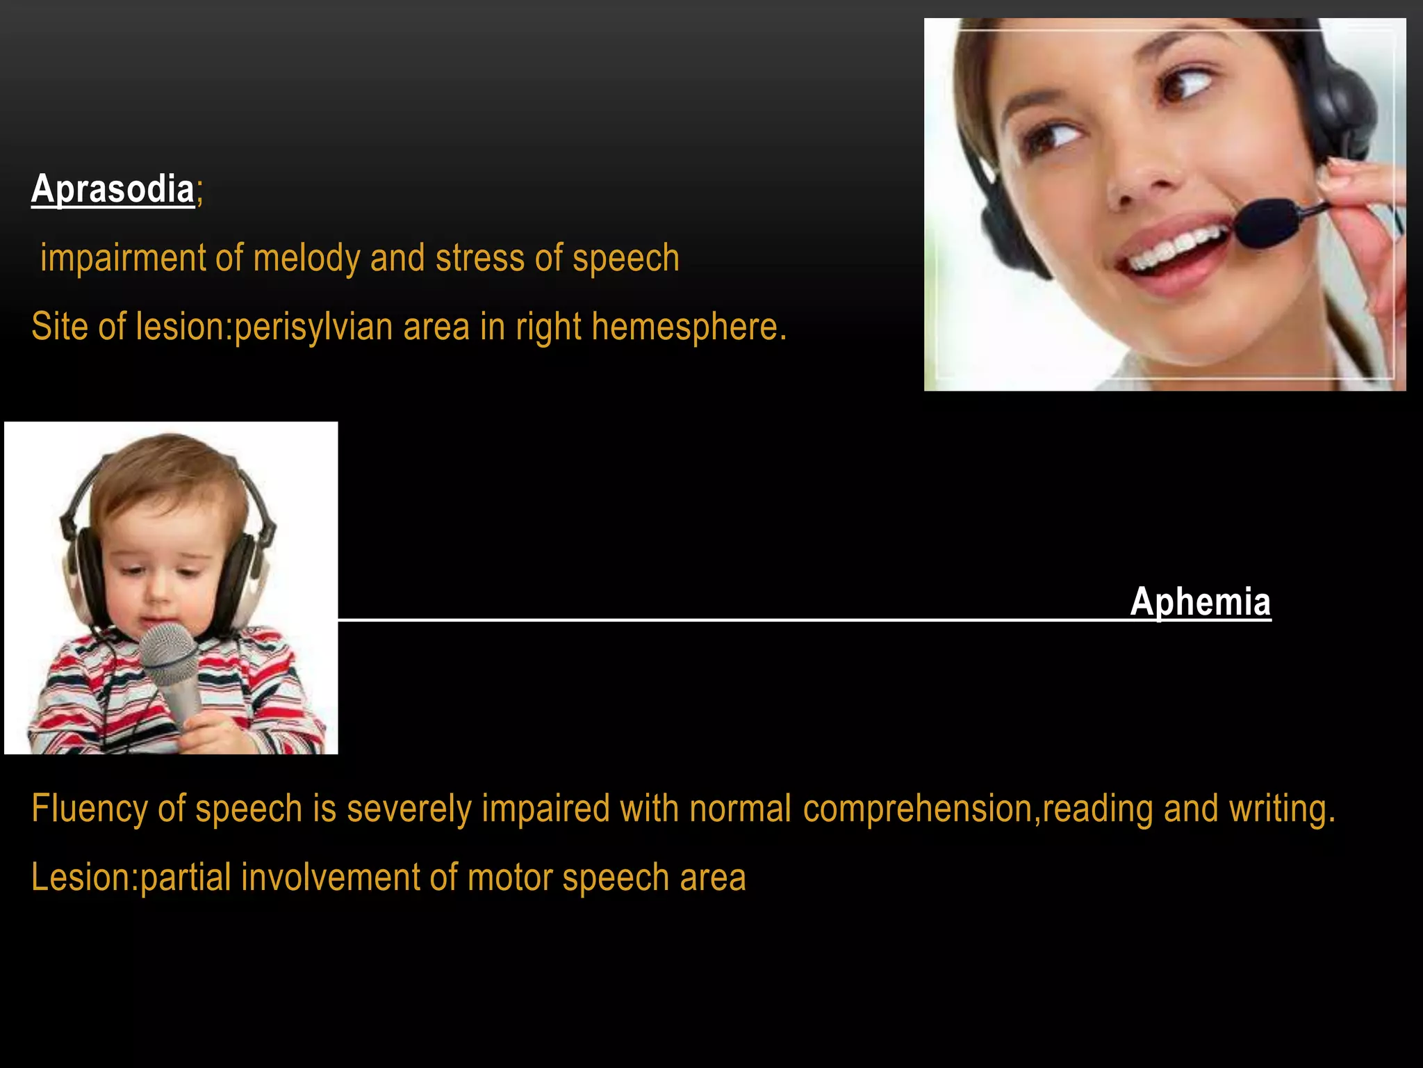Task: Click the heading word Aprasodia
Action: point(113,189)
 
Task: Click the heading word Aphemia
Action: point(1200,601)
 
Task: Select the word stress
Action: point(479,259)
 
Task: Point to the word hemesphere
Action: point(689,326)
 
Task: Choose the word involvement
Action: point(329,877)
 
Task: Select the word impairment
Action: point(122,259)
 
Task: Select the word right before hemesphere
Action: point(548,326)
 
